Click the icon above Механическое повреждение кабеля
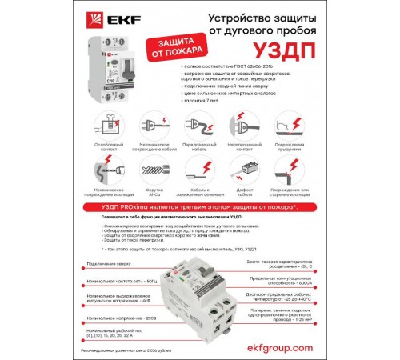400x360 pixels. click(152, 124)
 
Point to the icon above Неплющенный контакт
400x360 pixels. click(246, 124)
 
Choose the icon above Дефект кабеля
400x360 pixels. click(246, 169)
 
